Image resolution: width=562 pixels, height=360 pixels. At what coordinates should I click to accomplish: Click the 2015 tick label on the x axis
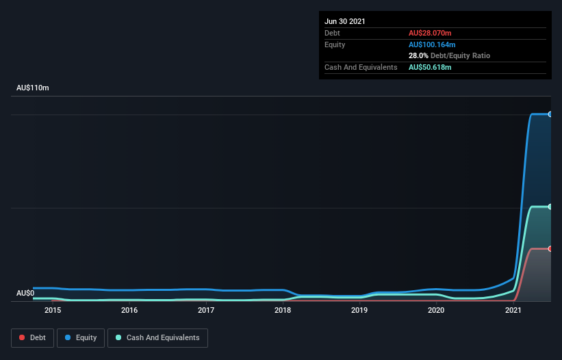[53, 310]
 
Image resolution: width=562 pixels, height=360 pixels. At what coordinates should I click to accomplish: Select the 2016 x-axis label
[129, 310]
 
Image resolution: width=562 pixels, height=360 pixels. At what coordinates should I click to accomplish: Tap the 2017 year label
[206, 310]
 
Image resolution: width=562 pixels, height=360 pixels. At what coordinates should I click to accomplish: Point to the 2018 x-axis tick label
[283, 310]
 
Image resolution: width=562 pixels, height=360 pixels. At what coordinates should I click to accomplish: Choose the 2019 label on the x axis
[360, 310]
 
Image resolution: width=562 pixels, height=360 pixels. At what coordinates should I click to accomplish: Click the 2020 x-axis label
[437, 310]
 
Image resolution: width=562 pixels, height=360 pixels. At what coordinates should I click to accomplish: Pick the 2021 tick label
[513, 310]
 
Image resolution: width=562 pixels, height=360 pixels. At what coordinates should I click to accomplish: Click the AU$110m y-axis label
[33, 88]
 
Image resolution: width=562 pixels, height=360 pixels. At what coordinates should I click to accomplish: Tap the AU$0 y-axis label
[25, 293]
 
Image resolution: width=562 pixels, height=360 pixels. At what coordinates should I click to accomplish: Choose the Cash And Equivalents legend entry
[157, 337]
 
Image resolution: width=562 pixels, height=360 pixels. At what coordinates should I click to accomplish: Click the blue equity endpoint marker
[550, 114]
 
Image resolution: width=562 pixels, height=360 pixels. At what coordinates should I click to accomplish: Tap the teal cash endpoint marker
[550, 206]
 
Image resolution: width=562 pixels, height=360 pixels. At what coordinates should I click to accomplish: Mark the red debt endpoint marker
[550, 248]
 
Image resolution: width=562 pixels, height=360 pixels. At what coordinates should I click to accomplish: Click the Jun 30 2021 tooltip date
[345, 21]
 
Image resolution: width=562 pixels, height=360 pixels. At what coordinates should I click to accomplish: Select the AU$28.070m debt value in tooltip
[430, 33]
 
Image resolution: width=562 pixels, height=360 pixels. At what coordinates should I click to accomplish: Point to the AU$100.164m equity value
[433, 44]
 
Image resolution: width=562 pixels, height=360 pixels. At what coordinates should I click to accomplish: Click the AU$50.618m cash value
[430, 67]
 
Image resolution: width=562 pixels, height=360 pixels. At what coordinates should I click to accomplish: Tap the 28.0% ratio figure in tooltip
[418, 55]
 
